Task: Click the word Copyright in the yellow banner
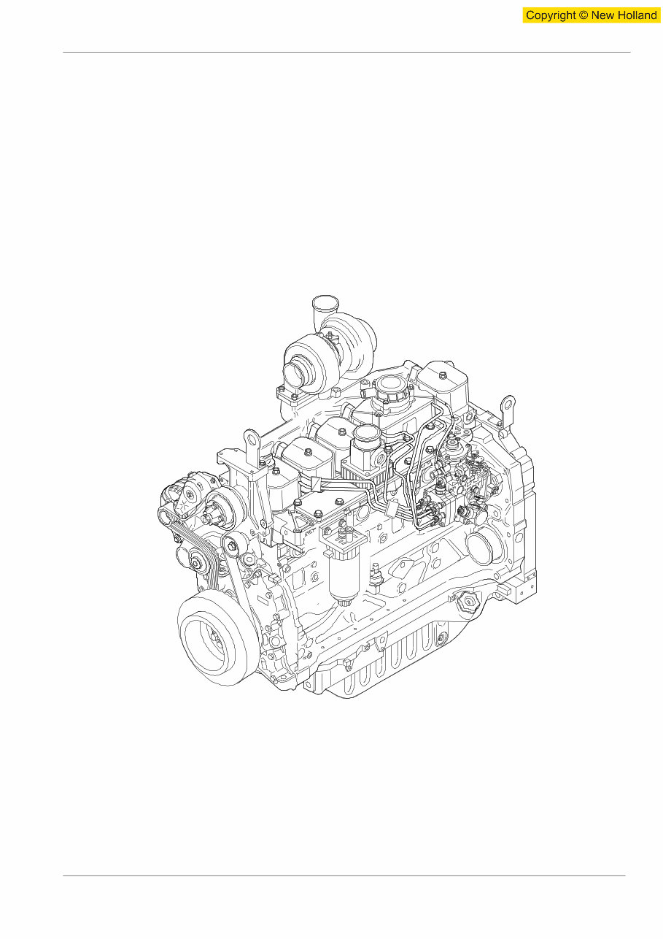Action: tap(551, 15)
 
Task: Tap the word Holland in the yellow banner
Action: tap(637, 15)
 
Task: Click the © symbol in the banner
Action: tap(583, 15)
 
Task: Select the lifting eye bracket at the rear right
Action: tap(507, 410)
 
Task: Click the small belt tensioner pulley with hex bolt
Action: tap(235, 544)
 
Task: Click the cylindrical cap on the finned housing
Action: tap(365, 442)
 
